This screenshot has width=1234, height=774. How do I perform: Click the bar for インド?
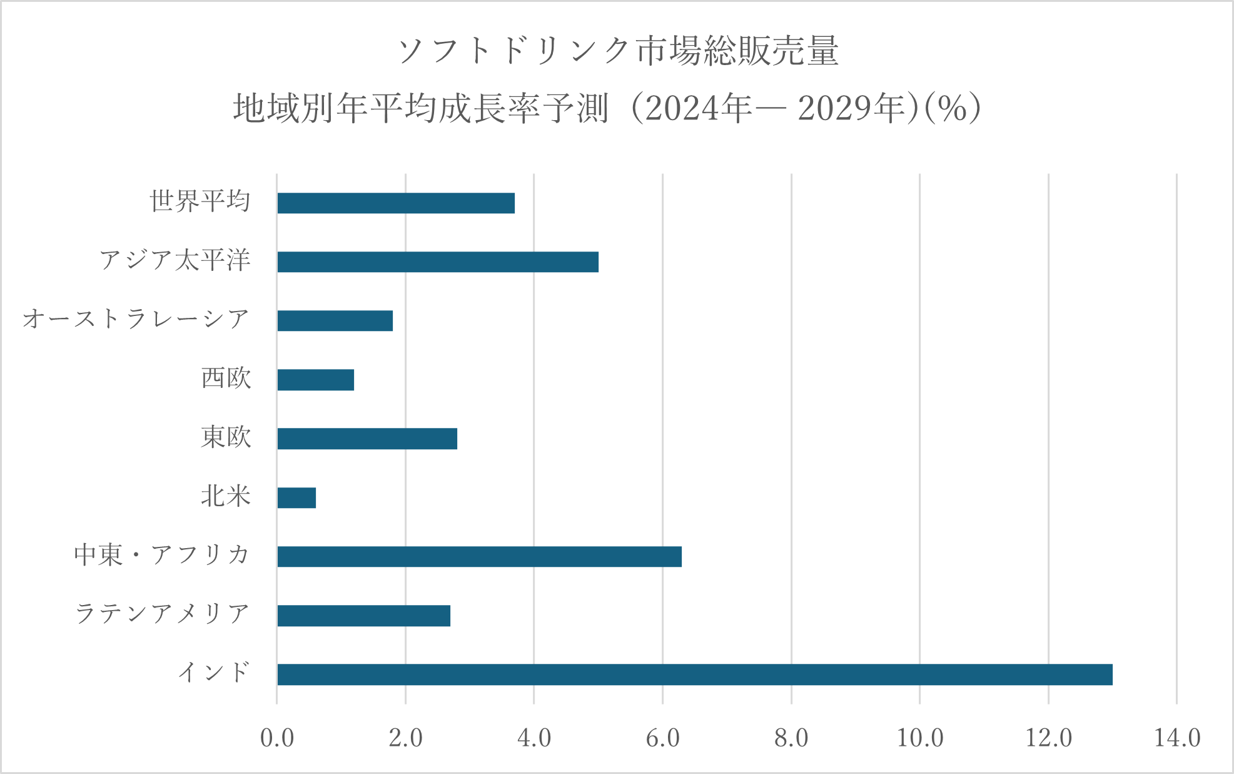pyautogui.click(x=694, y=675)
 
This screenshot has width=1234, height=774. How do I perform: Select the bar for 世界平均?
pyautogui.click(x=396, y=203)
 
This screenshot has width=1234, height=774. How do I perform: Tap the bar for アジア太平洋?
pyautogui.click(x=438, y=262)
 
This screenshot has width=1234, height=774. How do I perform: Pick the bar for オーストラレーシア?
pyautogui.click(x=335, y=321)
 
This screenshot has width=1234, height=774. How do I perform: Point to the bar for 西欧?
pyautogui.click(x=316, y=380)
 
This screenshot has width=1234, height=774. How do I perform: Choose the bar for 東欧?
pyautogui.click(x=367, y=439)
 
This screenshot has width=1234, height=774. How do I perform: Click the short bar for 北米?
pyautogui.click(x=296, y=498)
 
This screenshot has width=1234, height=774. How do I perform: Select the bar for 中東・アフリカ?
pyautogui.click(x=479, y=557)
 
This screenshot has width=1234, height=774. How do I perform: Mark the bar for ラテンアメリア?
pyautogui.click(x=363, y=616)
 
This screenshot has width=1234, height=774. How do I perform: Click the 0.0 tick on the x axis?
pyautogui.click(x=277, y=738)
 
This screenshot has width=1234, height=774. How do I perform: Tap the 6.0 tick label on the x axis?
pyautogui.click(x=662, y=738)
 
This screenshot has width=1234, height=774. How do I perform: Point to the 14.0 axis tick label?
pyautogui.click(x=1176, y=738)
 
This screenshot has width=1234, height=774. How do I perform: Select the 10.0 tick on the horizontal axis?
pyautogui.click(x=919, y=738)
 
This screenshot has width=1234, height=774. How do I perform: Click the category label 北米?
pyautogui.click(x=226, y=496)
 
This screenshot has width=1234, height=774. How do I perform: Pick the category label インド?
pyautogui.click(x=214, y=673)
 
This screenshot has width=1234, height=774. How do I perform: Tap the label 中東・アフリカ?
pyautogui.click(x=162, y=555)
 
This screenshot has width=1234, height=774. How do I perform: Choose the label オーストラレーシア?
pyautogui.click(x=136, y=319)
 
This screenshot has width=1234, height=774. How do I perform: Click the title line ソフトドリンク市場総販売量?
pyautogui.click(x=617, y=51)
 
